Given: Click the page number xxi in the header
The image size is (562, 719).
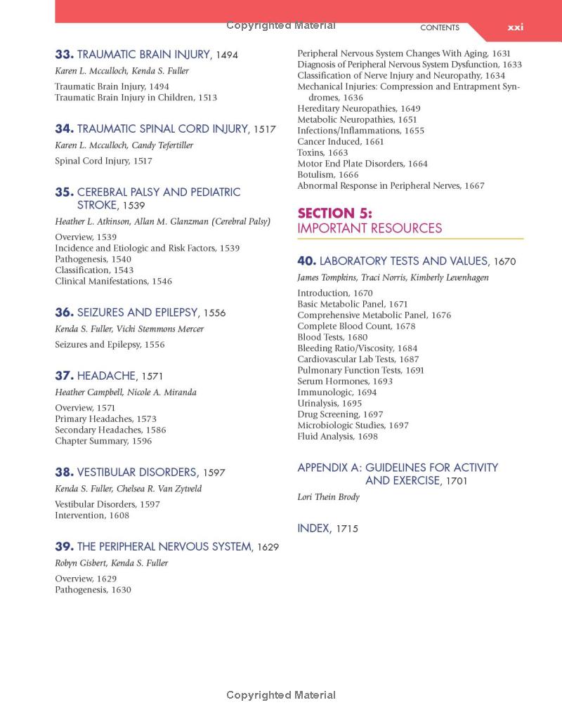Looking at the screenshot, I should click(516, 27).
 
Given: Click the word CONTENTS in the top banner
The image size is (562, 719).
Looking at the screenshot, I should click(440, 28).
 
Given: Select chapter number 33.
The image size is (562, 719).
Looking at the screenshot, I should click(64, 54).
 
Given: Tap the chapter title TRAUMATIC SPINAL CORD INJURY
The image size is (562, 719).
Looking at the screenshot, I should click(162, 128).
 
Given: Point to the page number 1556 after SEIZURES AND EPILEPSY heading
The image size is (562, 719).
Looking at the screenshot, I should click(214, 313).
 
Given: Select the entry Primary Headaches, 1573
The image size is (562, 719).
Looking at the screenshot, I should click(105, 419).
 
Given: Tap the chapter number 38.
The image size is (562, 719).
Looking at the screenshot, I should click(64, 473).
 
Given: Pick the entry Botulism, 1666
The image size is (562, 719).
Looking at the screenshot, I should click(327, 175).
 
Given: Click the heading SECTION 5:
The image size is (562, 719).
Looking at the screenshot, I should click(334, 213).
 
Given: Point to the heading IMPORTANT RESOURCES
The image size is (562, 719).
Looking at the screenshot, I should click(370, 228).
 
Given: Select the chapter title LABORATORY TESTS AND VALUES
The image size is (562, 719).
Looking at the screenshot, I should click(404, 261).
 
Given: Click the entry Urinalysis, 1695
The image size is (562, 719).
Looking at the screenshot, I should click(329, 403).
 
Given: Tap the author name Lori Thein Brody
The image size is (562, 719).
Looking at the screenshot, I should click(328, 497).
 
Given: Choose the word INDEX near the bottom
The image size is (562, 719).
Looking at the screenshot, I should click(313, 528).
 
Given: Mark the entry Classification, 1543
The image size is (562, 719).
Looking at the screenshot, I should click(93, 270).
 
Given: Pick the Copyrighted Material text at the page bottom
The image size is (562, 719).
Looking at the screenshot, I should click(281, 695).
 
